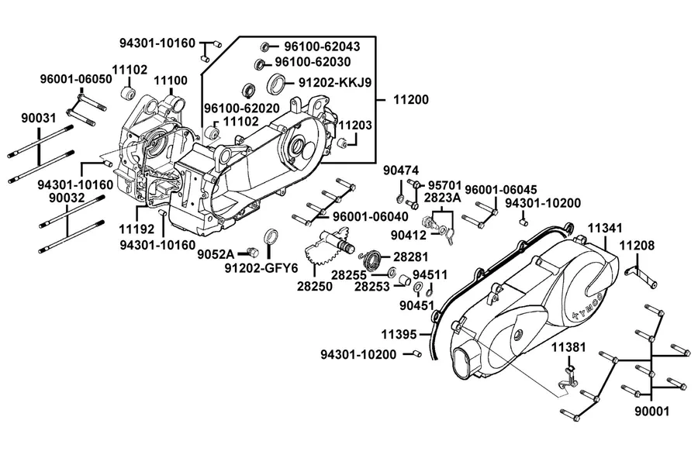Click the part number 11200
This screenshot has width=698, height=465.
410,100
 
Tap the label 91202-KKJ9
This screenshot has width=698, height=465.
335,83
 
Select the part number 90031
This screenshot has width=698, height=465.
39,119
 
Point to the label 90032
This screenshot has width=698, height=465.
67,198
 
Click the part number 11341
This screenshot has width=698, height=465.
605,229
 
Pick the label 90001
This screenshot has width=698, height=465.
651,411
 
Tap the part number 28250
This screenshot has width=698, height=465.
315,286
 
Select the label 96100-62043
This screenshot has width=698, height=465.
322,46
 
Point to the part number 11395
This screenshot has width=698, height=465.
399,334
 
